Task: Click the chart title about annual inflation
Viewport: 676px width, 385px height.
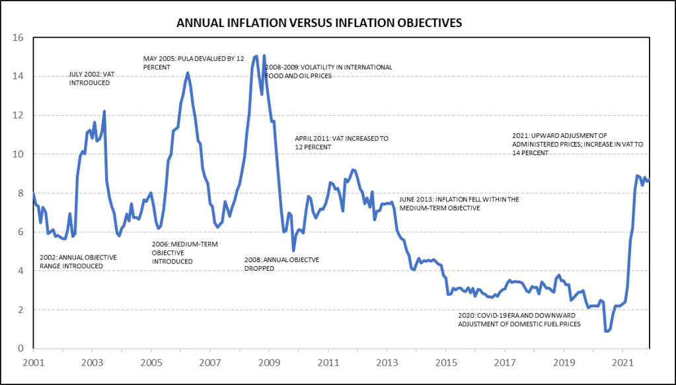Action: coord(319,23)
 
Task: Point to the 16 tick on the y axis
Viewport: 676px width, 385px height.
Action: coord(19,38)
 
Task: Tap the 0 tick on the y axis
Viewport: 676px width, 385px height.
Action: coord(20,349)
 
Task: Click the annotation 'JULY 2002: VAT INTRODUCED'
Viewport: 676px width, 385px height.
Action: coord(91,79)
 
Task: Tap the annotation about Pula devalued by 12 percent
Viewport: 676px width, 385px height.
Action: coord(194,63)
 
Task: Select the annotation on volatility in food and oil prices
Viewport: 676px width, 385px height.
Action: coord(328,71)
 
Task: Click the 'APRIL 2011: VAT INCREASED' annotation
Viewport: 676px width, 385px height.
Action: coord(342,143)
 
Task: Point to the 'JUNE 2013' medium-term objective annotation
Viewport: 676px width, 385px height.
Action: coord(459,203)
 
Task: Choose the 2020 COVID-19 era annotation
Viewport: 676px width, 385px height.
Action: coord(519,320)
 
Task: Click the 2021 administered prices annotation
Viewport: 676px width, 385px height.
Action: coord(578,144)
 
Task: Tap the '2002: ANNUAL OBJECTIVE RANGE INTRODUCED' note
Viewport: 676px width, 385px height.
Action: coord(78,262)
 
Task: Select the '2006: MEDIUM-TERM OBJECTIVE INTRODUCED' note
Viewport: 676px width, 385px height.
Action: coord(184,253)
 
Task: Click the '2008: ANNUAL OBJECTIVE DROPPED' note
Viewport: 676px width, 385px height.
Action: coord(282,264)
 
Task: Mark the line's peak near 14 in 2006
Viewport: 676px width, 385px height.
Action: coord(188,73)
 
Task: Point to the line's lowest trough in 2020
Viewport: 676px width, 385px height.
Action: coord(607,331)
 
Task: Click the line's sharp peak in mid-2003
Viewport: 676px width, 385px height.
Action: coord(104,112)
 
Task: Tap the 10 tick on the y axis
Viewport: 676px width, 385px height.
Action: coord(19,154)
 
